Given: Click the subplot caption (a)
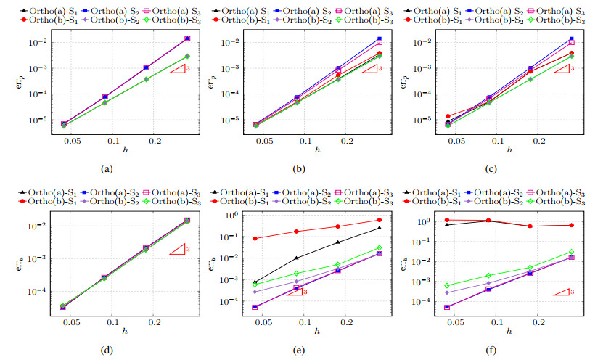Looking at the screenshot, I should pos(107,169).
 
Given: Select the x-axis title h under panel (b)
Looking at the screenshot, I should pos(316,149).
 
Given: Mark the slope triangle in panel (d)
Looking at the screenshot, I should pos(180,250).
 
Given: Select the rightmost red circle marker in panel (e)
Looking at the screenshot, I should pos(379,220).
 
